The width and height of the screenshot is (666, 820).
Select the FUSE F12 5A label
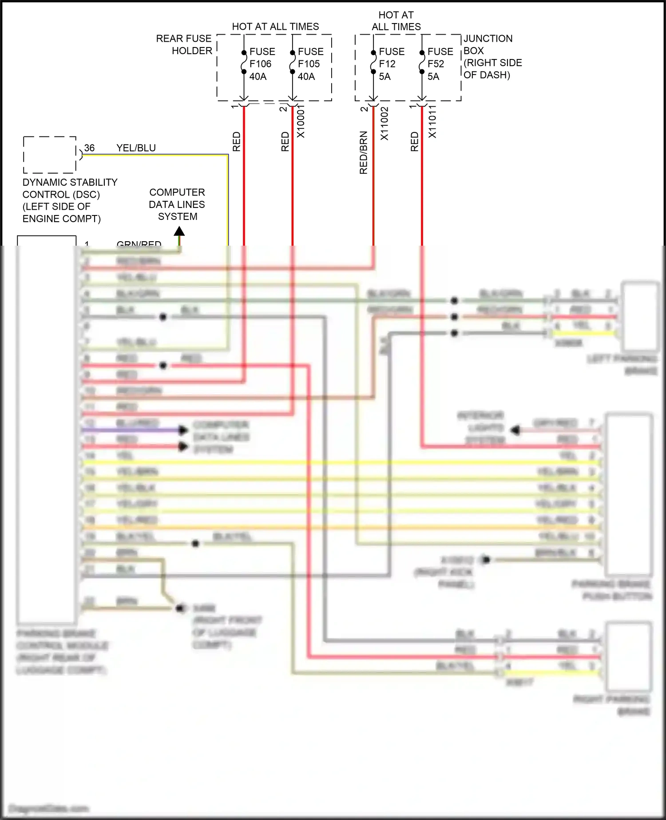click(391, 64)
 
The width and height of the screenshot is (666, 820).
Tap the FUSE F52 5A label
click(440, 64)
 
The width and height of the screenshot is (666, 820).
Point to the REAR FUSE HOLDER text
click(184, 44)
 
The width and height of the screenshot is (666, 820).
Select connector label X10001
click(301, 122)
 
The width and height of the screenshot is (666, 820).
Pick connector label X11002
click(385, 123)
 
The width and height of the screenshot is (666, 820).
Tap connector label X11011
click(432, 122)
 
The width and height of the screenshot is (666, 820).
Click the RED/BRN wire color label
click(364, 152)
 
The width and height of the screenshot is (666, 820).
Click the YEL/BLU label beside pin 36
click(136, 148)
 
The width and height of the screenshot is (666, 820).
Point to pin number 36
click(89, 148)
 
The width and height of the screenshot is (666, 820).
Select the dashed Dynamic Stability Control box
click(49, 155)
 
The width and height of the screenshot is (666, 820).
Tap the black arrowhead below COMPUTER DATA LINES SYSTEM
click(179, 231)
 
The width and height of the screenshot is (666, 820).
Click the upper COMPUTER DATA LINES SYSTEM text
click(177, 204)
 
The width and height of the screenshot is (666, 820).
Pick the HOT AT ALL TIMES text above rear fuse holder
click(275, 27)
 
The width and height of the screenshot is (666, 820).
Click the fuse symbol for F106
click(244, 62)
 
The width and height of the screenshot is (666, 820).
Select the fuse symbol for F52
click(422, 62)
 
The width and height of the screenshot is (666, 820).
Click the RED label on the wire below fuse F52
click(414, 141)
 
